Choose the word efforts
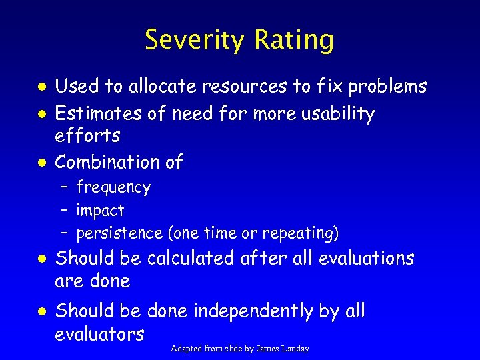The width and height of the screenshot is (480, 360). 87,136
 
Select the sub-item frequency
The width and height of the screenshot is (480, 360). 113,188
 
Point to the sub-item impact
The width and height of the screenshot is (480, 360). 100,211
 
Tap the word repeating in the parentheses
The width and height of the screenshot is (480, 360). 300,233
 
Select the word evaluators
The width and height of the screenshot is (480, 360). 99,333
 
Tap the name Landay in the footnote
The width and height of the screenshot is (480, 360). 294,349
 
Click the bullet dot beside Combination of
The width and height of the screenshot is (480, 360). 41,163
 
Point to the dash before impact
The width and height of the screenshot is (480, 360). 64,211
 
